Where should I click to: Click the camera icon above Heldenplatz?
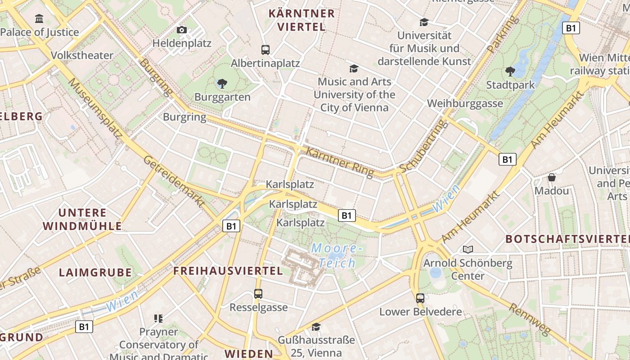tap(182, 30)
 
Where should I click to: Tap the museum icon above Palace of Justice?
tap(39, 19)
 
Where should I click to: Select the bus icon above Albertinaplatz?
tap(265, 49)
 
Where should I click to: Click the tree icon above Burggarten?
tap(222, 83)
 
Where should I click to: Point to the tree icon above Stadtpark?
tap(510, 71)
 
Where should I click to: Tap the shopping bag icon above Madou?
tap(552, 177)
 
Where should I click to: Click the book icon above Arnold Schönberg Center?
tap(468, 249)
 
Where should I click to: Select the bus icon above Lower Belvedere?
tap(420, 298)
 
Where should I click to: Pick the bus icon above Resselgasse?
tap(258, 294)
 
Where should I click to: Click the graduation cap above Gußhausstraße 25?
tap(316, 327)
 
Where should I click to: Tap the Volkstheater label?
tap(82, 55)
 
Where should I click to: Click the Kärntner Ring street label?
tap(340, 162)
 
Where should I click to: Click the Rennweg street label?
tap(529, 319)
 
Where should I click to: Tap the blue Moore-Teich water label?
tap(336, 256)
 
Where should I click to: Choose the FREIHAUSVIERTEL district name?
tap(228, 271)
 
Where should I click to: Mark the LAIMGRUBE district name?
tap(95, 272)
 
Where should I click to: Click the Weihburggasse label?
tap(465, 103)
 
